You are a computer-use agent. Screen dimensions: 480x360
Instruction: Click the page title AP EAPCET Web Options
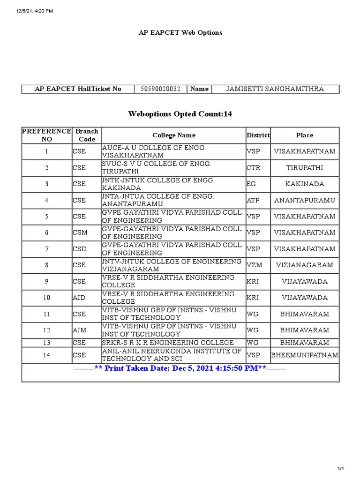pos(180,33)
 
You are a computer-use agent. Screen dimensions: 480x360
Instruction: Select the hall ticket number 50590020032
pos(161,89)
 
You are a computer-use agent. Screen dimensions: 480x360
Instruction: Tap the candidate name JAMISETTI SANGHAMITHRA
pos(275,89)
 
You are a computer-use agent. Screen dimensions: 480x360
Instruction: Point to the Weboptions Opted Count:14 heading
pos(180,114)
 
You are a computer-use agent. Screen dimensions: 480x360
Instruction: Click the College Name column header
pos(173,135)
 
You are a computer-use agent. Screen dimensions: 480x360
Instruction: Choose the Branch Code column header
pos(87,135)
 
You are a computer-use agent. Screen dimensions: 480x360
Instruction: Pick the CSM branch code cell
pos(80,232)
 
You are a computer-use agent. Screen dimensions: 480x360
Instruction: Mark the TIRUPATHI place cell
pos(304,168)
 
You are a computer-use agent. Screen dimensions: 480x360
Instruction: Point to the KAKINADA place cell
pos(304,184)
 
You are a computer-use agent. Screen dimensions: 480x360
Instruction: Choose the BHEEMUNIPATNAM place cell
pos(305,355)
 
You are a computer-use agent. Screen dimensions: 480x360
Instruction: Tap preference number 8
pos(46,265)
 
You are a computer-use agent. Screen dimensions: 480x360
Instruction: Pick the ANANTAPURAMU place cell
pos(305,200)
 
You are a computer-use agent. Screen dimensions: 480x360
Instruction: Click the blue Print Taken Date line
pos(180,368)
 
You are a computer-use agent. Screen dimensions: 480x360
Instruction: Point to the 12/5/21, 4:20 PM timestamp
pos(29,11)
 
